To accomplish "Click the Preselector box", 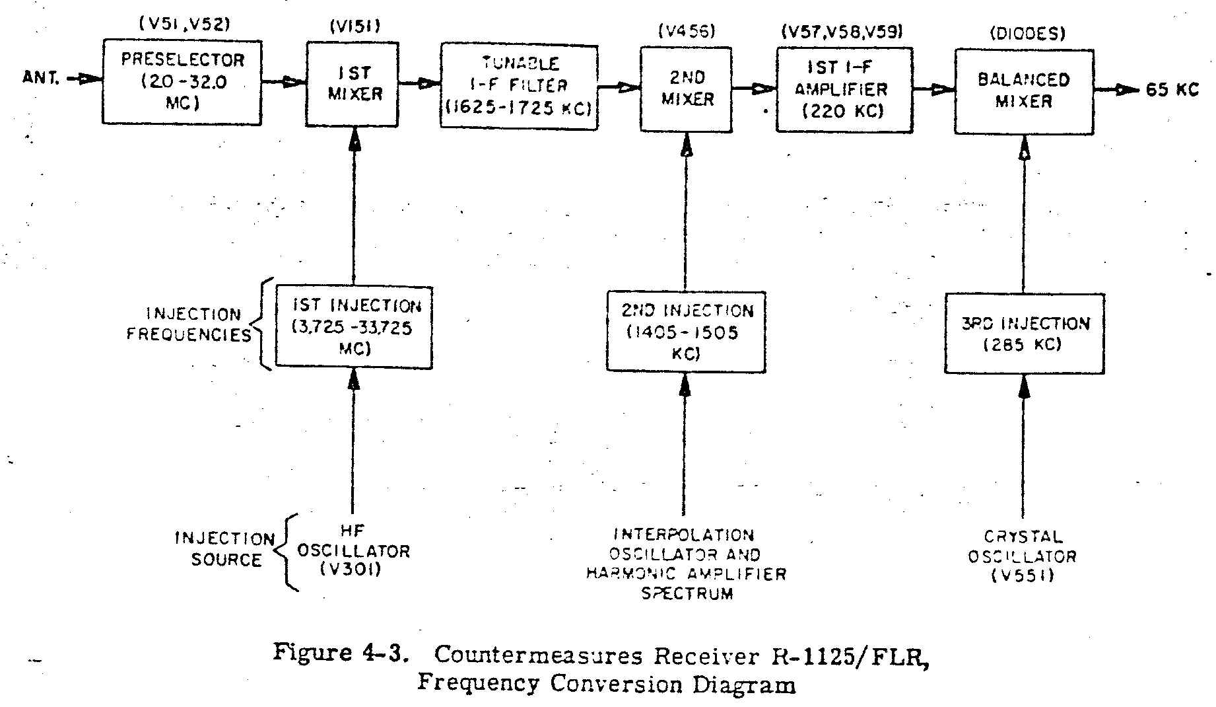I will pos(182,82).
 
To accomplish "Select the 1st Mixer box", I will pos(353,84).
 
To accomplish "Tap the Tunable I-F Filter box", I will pos(520,86).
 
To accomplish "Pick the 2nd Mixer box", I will pos(687,89).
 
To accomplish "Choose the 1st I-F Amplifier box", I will pos(844,89).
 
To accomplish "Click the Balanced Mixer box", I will pos(1024,91).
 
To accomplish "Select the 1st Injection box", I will pos(354,326).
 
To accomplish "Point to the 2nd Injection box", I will pos(686,332).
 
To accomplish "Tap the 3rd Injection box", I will pos(1024,334).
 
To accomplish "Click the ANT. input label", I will pos(42,78).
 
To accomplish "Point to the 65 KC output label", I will pos(1172,90).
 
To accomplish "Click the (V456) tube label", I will pos(687,31).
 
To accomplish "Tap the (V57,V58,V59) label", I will pos(842,31).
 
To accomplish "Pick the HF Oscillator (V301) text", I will pos(353,550).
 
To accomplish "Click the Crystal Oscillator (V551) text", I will pos(1023,556).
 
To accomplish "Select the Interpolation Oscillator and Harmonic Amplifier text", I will pos(687,563).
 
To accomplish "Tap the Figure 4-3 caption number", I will pos(340,653).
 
